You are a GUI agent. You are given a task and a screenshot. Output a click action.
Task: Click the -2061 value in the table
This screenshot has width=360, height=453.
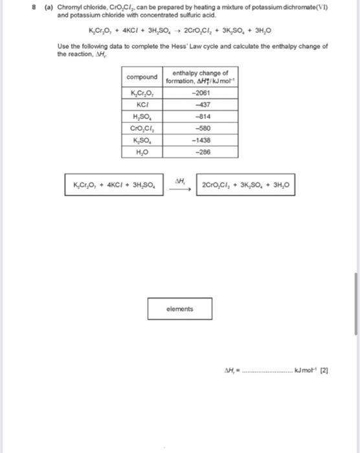(201, 93)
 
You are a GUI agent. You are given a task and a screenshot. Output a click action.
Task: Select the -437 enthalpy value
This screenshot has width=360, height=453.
(201, 104)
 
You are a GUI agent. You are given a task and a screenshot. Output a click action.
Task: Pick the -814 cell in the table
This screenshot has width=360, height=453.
(201, 116)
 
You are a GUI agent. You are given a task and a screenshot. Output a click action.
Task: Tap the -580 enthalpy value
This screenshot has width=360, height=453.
(201, 128)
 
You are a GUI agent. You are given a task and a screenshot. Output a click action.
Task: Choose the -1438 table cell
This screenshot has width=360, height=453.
(201, 140)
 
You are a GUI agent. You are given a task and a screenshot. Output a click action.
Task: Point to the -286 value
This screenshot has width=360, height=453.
(201, 152)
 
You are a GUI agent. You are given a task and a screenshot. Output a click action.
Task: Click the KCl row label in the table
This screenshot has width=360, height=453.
(142, 104)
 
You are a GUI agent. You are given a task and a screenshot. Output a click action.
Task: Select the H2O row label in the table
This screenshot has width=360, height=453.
(142, 152)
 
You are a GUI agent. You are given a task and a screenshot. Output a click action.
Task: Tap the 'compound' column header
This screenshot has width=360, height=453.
(142, 77)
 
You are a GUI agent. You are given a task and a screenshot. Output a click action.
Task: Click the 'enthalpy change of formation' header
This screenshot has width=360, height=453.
(201, 77)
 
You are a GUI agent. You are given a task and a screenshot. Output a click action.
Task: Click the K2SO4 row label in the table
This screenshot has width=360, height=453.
(142, 140)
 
